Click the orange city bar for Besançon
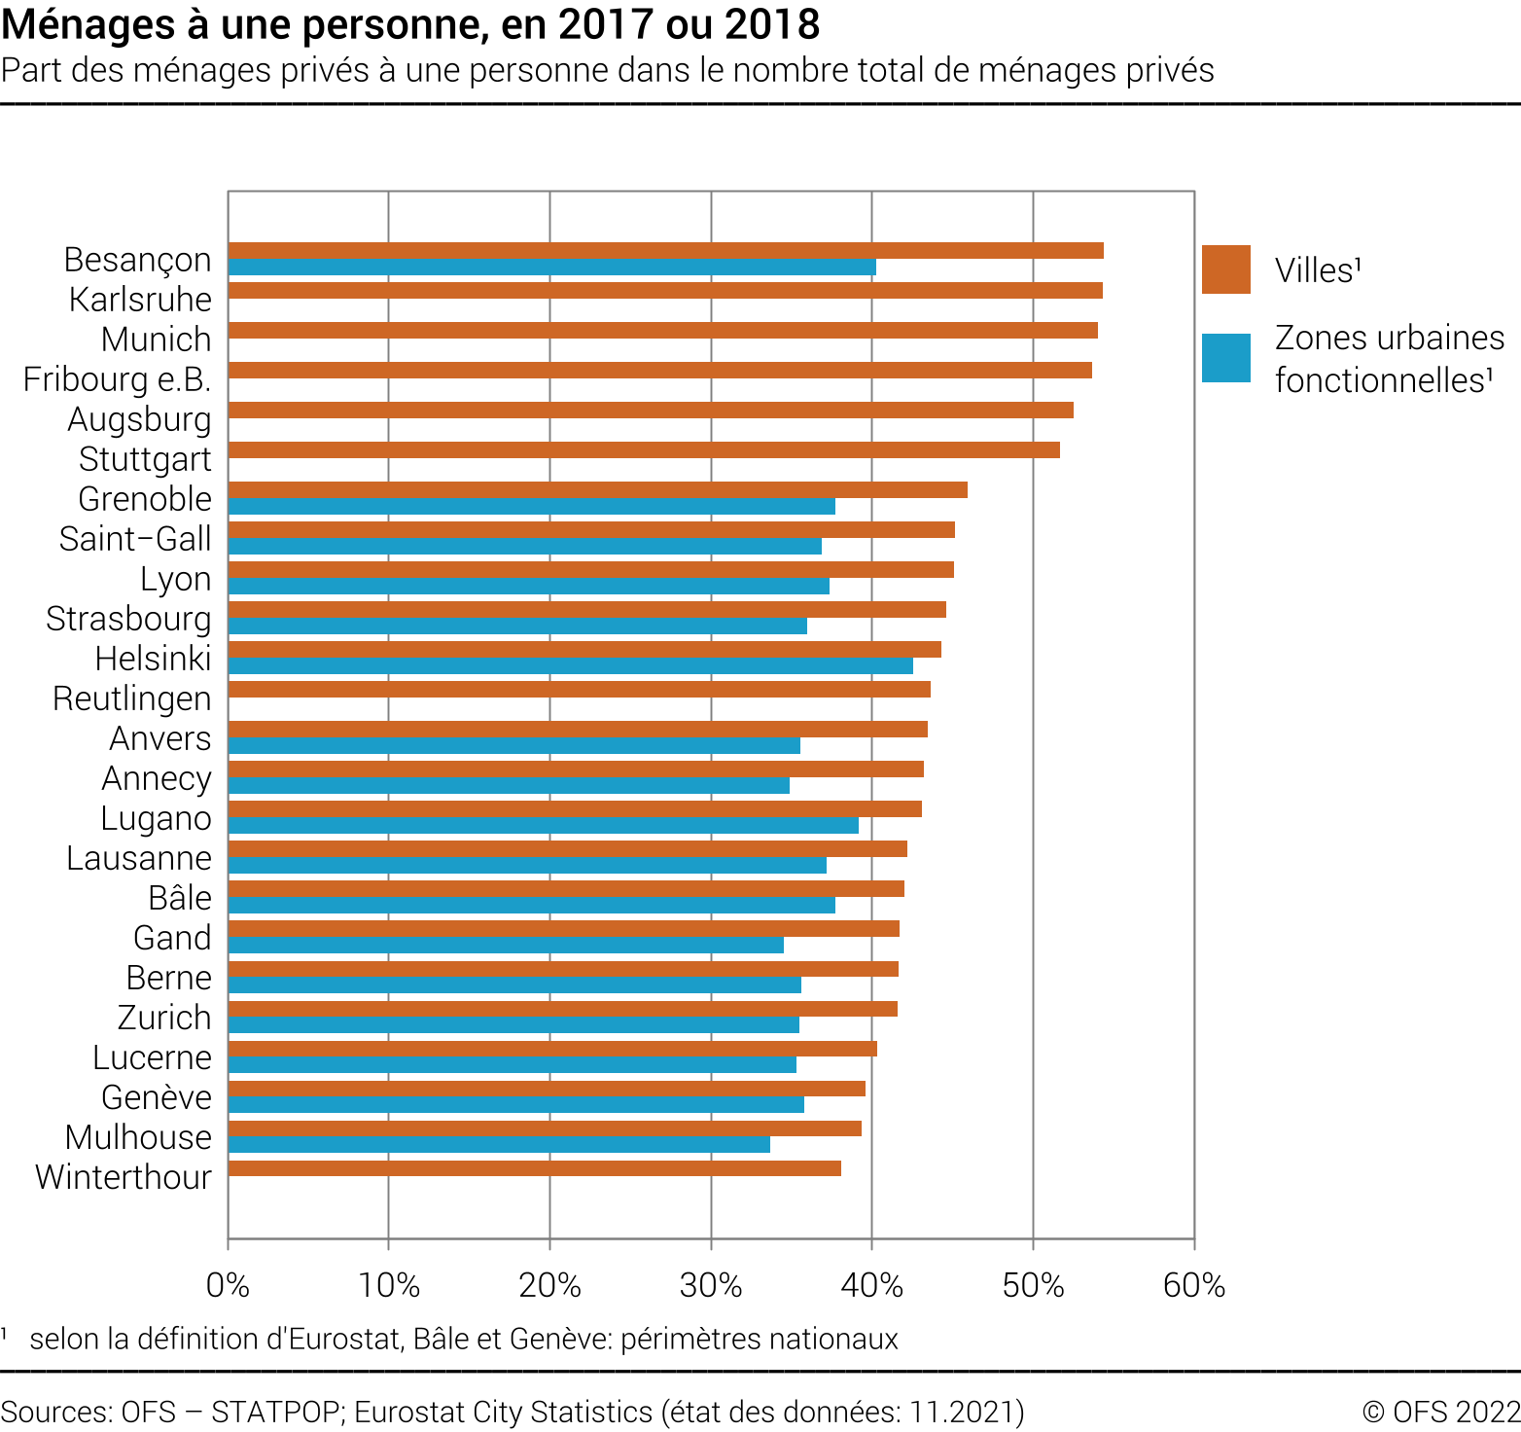click(x=665, y=251)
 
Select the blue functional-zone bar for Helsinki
click(x=570, y=666)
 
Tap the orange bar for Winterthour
click(x=534, y=1168)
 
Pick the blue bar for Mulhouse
click(x=499, y=1145)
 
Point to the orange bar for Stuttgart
click(x=644, y=450)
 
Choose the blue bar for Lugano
click(x=543, y=826)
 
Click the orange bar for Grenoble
click(x=597, y=490)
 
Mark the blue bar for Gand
click(x=506, y=946)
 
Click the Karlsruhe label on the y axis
click(x=140, y=300)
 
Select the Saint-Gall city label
click(x=135, y=539)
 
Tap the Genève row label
click(x=157, y=1097)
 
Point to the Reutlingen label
click(x=132, y=698)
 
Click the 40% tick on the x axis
click(x=872, y=1286)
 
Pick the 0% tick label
click(x=229, y=1286)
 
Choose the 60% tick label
click(x=1194, y=1286)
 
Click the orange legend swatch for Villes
click(x=1226, y=269)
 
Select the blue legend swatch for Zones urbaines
click(x=1226, y=358)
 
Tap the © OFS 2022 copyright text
click(x=1441, y=1412)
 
